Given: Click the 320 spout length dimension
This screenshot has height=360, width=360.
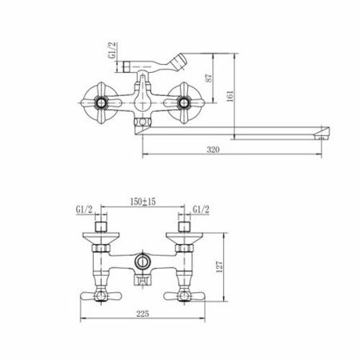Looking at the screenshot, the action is (x=214, y=150).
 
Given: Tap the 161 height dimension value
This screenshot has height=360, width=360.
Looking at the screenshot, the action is (x=230, y=96).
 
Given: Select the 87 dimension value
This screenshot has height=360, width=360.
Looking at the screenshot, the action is (x=209, y=78).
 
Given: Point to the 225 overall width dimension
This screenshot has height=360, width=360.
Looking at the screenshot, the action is (x=142, y=314).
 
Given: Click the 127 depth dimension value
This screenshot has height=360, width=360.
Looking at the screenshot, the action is (x=219, y=266).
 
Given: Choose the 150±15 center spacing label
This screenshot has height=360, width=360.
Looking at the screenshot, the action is (x=143, y=202).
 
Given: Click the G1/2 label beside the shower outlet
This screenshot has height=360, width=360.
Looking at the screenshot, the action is (x=112, y=50).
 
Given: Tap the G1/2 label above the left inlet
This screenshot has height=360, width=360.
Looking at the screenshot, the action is (x=84, y=210).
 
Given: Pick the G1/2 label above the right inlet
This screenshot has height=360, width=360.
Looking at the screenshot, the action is (x=201, y=210).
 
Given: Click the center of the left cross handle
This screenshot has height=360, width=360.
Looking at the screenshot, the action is (x=101, y=102).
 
